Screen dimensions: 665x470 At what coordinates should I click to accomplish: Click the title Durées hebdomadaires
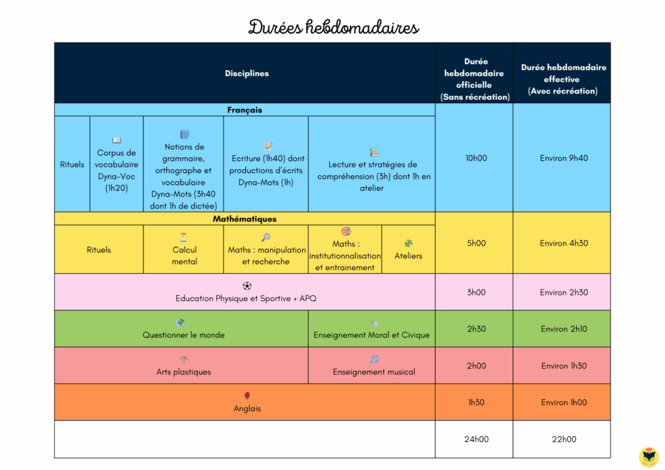point(333,27)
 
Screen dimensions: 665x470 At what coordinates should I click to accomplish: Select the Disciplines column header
point(247,73)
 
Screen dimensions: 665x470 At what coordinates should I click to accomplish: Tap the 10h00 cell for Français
point(476,158)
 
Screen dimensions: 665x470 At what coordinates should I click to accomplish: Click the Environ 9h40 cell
point(564,158)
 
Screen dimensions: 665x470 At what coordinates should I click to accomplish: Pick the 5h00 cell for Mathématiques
point(476,243)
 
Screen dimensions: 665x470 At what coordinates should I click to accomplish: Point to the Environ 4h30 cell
point(564,243)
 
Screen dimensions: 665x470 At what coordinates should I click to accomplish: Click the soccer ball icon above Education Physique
point(247,286)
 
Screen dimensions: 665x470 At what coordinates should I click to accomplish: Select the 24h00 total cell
point(476,439)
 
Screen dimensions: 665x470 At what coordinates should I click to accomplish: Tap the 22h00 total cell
point(564,439)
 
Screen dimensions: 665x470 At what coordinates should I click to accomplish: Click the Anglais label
point(247,408)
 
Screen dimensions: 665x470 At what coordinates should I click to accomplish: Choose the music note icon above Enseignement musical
point(373,360)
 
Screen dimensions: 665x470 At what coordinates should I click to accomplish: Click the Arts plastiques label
point(183,372)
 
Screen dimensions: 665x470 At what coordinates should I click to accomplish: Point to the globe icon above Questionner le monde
point(181,323)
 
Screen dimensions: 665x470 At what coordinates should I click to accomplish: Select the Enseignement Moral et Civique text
point(371,335)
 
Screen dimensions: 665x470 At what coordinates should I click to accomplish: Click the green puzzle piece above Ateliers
point(408,243)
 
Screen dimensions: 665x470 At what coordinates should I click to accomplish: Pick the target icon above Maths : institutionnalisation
point(346,231)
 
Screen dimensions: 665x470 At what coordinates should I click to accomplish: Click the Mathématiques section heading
point(245,219)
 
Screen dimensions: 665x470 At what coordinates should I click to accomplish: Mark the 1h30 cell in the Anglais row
point(476,402)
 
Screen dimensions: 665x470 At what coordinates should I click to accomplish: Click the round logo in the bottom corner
point(649,457)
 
